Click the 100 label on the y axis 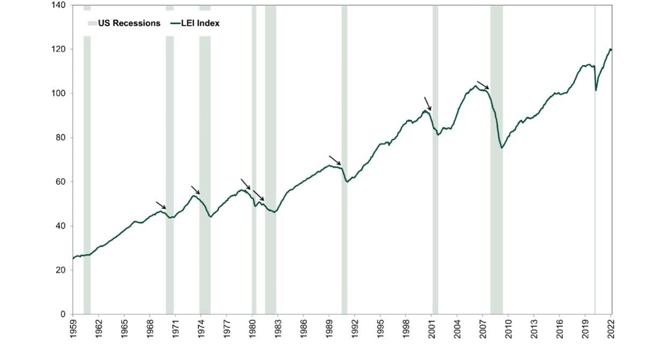point(59,93)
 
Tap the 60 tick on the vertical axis point(61,182)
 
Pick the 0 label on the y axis point(63,314)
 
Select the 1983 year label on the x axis point(278,328)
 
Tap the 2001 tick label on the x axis point(432,328)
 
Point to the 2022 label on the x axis point(611,328)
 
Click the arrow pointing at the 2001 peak point(427,104)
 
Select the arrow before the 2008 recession point(483,85)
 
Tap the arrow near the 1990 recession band point(335,160)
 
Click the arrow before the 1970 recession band point(161,205)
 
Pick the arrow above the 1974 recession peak point(195,190)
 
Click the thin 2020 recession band point(594,161)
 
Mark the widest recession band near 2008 point(496,161)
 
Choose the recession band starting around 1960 point(87,161)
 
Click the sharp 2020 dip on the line point(596,90)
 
